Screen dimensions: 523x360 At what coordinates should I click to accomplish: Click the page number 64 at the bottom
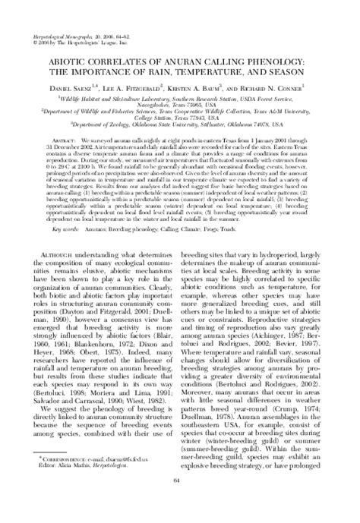(x=179, y=501)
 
